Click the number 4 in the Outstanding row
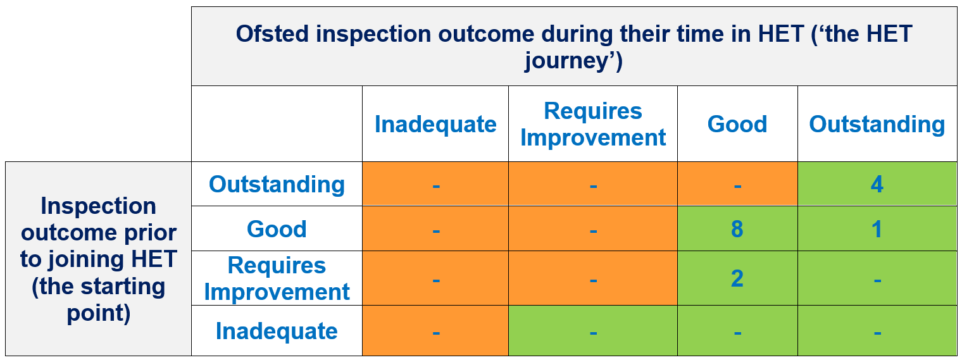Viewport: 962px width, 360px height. [x=877, y=185]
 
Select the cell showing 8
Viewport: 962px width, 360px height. [x=737, y=229]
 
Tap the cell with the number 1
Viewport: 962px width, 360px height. [x=877, y=229]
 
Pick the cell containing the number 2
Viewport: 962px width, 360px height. [x=737, y=278]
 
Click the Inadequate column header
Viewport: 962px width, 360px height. [x=435, y=125]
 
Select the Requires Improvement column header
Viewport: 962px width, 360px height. [x=592, y=125]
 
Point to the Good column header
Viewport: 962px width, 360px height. [x=737, y=125]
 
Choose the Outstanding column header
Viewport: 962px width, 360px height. [x=877, y=125]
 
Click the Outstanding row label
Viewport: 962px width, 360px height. [x=277, y=185]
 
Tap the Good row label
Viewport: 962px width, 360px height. [x=277, y=229]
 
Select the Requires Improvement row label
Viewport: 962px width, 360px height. [x=277, y=278]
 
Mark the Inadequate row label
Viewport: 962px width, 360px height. [x=277, y=332]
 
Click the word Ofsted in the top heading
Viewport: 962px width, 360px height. [x=272, y=34]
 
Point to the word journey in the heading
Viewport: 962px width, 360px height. [x=567, y=61]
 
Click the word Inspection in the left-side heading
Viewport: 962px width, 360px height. [x=98, y=206]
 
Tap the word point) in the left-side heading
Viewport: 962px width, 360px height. [x=98, y=313]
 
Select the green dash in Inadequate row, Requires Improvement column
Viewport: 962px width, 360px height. [x=593, y=333]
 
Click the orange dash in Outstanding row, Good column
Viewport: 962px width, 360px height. [x=737, y=186]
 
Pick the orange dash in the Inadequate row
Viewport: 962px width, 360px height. [x=436, y=333]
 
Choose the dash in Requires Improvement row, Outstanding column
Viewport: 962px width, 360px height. [x=877, y=281]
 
